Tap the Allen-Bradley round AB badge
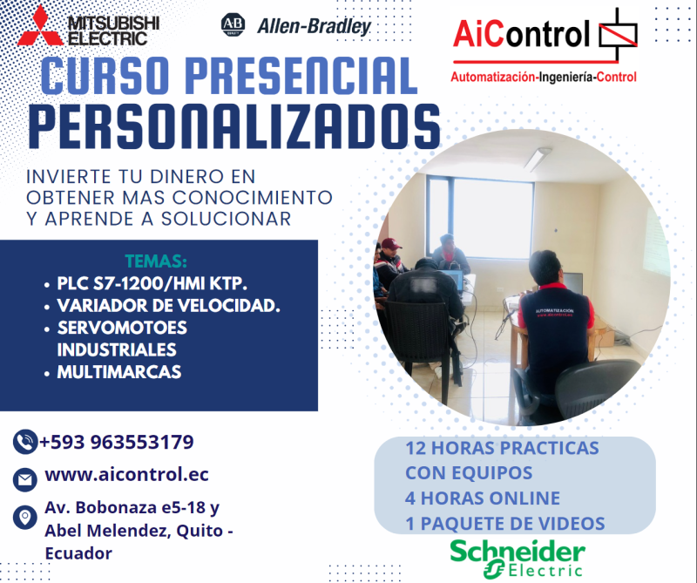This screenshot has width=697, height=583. point(233,24)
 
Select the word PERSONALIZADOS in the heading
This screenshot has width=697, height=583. point(234,127)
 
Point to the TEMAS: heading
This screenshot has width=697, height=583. point(156,261)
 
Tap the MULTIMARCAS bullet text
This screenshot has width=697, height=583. point(119,372)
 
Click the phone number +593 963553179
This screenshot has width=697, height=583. point(117,442)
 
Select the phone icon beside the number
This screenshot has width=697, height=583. point(24,443)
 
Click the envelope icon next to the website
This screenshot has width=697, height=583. point(24,478)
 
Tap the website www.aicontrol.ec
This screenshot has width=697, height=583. point(126,475)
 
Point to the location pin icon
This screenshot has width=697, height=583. point(24,518)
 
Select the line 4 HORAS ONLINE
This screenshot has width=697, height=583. point(482,498)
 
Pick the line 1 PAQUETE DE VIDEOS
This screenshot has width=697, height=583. point(504,524)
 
